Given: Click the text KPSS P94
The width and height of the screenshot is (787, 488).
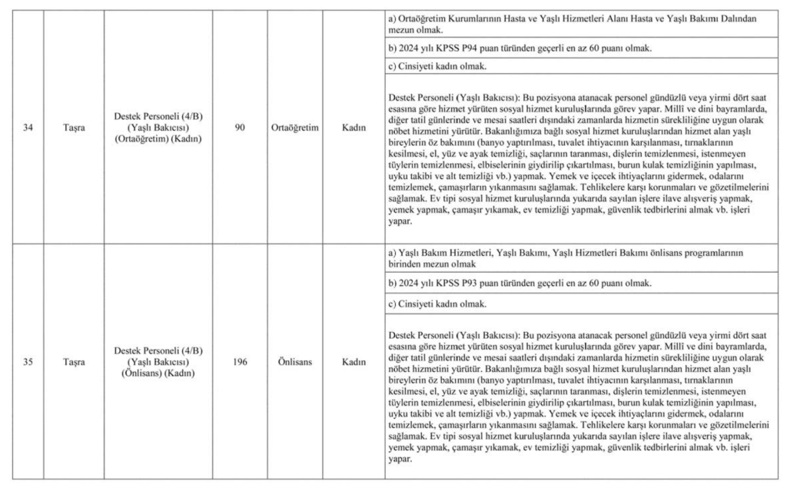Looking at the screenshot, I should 459,49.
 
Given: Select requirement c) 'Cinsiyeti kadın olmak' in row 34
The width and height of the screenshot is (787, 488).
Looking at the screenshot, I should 438,68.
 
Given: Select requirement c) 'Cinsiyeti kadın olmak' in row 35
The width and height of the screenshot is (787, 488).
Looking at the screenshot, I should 438,304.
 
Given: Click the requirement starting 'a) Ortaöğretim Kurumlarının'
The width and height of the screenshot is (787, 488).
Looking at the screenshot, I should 569,23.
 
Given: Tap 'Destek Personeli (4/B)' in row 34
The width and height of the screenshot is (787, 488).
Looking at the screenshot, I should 158,115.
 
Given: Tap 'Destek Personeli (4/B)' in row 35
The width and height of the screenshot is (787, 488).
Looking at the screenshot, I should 158,350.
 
